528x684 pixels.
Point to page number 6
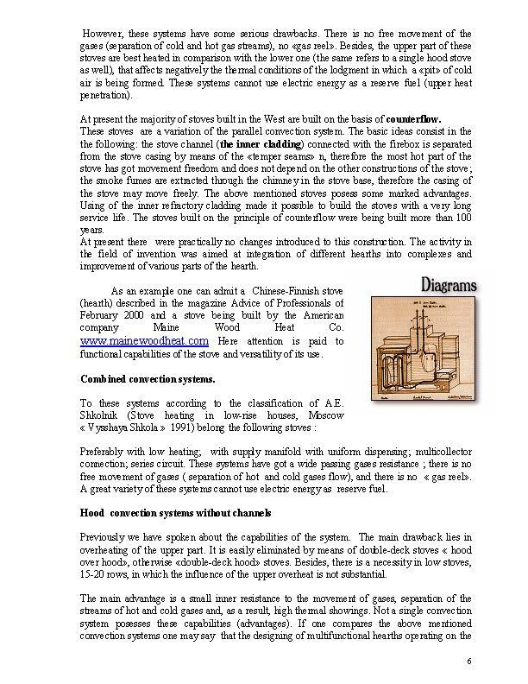467,661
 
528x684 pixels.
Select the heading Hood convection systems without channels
164,513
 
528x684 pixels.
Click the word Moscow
326,415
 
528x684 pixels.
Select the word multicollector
437,451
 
